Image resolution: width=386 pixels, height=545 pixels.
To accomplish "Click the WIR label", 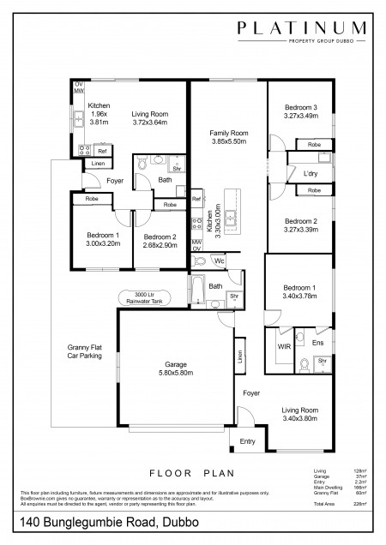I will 284,346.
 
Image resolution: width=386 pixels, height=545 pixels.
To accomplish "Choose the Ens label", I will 317,343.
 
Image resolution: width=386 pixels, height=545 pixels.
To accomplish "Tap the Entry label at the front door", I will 247,441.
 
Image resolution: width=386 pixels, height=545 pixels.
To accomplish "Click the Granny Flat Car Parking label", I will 85,351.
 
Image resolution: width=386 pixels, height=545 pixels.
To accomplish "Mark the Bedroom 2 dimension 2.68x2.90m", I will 160,245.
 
